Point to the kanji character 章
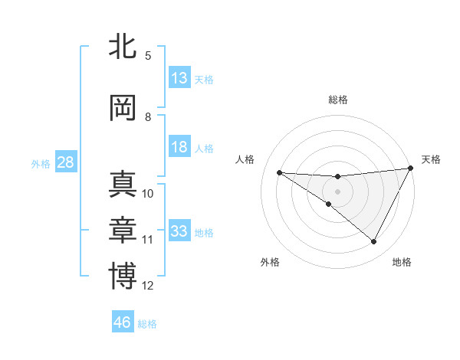(123, 230)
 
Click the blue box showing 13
(179, 78)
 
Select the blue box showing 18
(179, 147)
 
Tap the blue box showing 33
(179, 231)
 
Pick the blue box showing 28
(64, 162)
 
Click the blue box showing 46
(123, 322)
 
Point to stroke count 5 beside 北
(148, 56)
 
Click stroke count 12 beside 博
(148, 286)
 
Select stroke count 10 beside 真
(148, 194)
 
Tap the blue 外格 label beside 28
(40, 164)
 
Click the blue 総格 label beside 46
(147, 324)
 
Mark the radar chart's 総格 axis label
(338, 100)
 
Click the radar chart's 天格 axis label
(431, 159)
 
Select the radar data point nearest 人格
(280, 172)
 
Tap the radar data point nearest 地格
(373, 241)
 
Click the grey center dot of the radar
(338, 191)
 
